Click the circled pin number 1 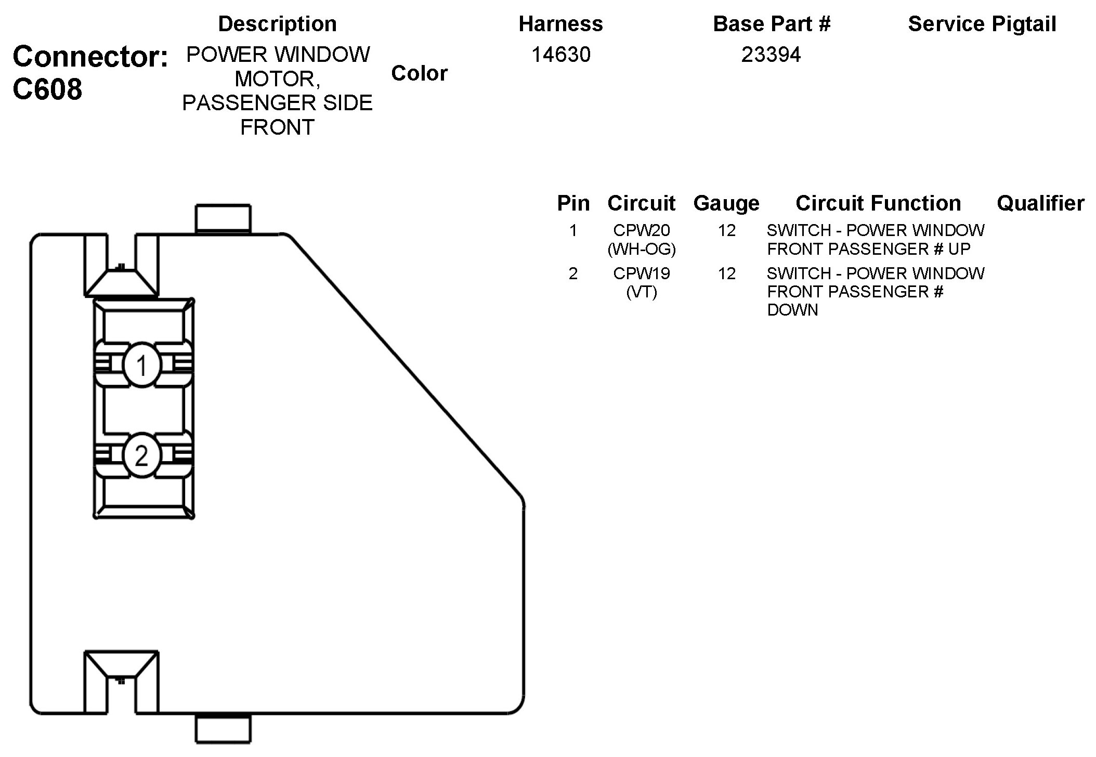point(142,366)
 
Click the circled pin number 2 point(141,456)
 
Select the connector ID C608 point(47,89)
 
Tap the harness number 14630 point(560,55)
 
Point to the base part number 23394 point(771,55)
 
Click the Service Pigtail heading point(982,24)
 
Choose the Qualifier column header point(1040,203)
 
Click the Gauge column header point(726,203)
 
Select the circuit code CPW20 point(642,230)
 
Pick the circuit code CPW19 point(642,273)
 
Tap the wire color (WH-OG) point(642,250)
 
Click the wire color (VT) point(642,292)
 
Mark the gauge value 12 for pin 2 point(727,273)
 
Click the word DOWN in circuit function point(792,310)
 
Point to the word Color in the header point(419,73)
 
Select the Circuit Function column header point(878,203)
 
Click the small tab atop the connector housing point(223,218)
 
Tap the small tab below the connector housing point(223,729)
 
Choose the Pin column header point(573,203)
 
